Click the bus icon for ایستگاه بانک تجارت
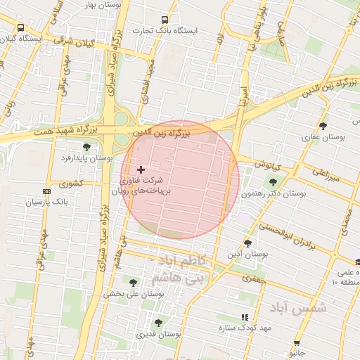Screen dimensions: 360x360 165,20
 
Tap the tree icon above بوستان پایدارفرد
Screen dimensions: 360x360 86,147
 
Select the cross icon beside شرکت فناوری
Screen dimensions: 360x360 141,169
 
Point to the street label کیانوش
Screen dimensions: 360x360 268,166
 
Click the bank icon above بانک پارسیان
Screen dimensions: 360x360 46,191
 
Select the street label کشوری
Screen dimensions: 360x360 71,184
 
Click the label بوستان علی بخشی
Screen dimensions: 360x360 134,294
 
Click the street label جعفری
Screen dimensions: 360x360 252,278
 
